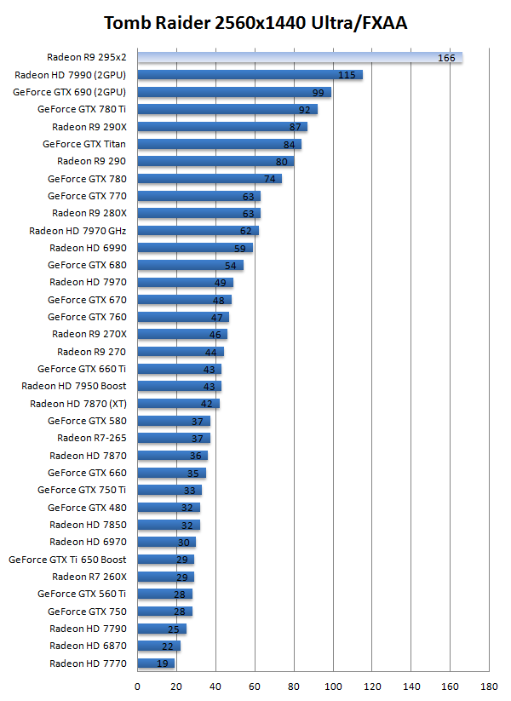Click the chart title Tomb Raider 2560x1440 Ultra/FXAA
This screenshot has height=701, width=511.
255,23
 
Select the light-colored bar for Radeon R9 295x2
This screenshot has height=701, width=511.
298,58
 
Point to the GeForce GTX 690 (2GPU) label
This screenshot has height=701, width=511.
70,92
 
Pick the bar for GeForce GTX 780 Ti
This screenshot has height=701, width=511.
226,110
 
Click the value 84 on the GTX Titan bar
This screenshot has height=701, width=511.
290,144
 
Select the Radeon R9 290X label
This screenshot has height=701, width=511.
89,127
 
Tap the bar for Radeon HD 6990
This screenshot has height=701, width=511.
194,248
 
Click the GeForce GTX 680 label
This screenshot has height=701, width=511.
87,265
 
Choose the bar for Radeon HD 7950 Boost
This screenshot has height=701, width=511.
179,386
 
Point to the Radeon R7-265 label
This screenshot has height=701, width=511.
92,438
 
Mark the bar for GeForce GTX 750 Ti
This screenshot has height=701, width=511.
169,490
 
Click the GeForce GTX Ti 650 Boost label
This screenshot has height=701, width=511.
67,560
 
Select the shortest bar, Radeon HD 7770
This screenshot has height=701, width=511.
155,664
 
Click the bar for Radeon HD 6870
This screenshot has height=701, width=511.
158,646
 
